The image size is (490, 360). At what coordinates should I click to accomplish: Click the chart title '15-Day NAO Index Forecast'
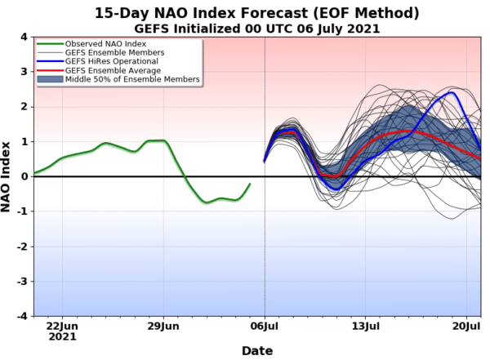[256, 13]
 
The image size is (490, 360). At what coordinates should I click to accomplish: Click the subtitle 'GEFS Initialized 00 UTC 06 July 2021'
[256, 29]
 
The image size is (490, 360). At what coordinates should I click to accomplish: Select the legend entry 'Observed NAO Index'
[100, 44]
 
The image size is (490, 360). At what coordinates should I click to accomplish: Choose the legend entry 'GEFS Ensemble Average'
[108, 71]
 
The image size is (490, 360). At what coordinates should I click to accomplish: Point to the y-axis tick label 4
[24, 38]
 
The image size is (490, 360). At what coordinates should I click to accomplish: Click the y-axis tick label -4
[22, 316]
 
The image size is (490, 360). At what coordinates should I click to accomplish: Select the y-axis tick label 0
[24, 176]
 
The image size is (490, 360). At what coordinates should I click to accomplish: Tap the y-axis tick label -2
[22, 247]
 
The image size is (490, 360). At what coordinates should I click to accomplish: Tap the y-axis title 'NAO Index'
[7, 176]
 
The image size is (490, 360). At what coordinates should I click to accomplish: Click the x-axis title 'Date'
[256, 350]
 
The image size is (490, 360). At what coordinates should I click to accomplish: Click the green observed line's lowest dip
[207, 202]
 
